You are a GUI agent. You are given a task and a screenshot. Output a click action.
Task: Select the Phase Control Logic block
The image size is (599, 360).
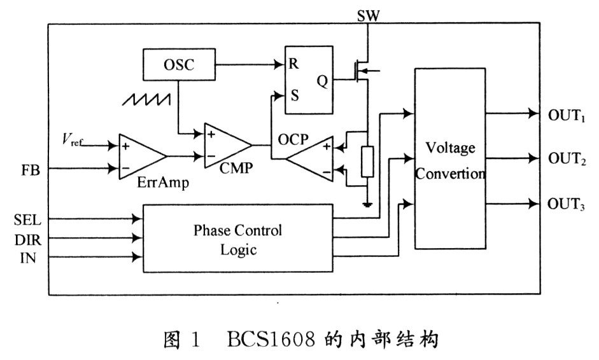pyautogui.click(x=237, y=239)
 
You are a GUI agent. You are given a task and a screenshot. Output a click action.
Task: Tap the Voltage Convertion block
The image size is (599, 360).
pyautogui.click(x=450, y=159)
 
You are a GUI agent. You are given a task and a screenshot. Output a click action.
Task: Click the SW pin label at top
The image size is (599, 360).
pyautogui.click(x=369, y=13)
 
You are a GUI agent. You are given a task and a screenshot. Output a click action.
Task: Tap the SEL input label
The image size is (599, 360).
pyautogui.click(x=28, y=219)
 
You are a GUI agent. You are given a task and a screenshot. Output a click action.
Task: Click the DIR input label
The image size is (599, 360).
pyautogui.click(x=28, y=239)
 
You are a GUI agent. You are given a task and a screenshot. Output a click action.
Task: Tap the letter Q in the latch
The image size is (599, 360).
pyautogui.click(x=323, y=80)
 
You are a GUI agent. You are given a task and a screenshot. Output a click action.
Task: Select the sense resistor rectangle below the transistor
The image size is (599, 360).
pyautogui.click(x=367, y=161)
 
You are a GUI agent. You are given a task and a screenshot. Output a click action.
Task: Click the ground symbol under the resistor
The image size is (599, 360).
pyautogui.click(x=367, y=205)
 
